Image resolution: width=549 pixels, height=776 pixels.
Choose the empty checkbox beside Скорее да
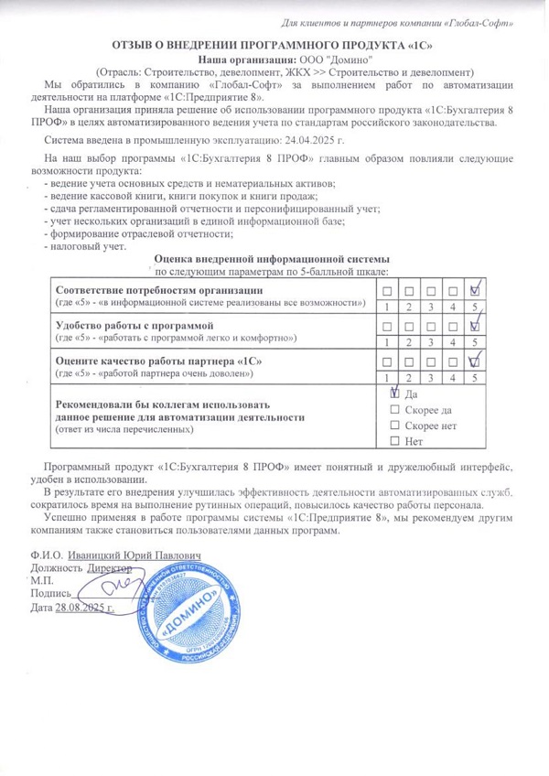click(x=394, y=409)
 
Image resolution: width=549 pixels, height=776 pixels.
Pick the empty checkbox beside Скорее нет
click(x=394, y=426)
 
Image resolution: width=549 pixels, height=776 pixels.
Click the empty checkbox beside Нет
click(x=394, y=442)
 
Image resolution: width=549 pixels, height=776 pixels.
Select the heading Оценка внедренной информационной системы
click(x=273, y=259)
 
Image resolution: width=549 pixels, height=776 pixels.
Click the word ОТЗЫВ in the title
click(x=135, y=43)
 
